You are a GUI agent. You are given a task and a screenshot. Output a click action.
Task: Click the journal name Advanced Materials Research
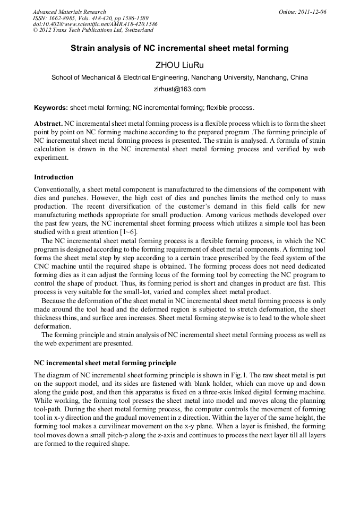pyautogui.click(x=69, y=12)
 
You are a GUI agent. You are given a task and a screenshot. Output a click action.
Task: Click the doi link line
pyautogui.click(x=95, y=24)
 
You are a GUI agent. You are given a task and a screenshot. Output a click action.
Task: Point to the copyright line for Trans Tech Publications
pyautogui.click(x=93, y=30)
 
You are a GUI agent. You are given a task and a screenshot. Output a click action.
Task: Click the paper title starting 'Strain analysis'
pyautogui.click(x=179, y=48)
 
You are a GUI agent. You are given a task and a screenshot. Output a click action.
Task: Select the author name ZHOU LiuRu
pyautogui.click(x=179, y=65)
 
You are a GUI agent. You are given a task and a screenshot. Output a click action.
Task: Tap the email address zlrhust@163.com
pyautogui.click(x=179, y=89)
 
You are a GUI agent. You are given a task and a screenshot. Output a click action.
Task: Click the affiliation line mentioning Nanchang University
pyautogui.click(x=179, y=77)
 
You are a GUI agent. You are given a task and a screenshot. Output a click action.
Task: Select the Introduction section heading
pyautogui.click(x=54, y=177)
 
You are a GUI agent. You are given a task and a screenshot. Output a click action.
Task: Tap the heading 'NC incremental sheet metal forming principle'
pyautogui.click(x=105, y=363)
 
